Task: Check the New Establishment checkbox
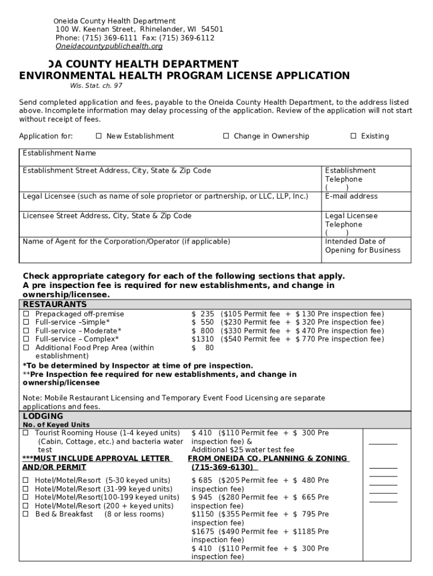(98, 136)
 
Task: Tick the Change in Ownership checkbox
(226, 136)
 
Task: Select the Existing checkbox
(354, 136)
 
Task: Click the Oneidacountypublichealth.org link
(109, 46)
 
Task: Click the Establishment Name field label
(59, 153)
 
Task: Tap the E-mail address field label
(351, 196)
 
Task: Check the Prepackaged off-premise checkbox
(25, 314)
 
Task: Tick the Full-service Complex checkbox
(25, 339)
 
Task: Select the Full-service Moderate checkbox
(25, 331)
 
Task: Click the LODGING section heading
(43, 416)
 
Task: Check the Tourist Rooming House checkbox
(25, 433)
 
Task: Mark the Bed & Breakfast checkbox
(25, 514)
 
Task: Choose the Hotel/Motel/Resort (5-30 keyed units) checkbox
(25, 480)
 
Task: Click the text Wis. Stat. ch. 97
(96, 85)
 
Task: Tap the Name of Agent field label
(126, 242)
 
